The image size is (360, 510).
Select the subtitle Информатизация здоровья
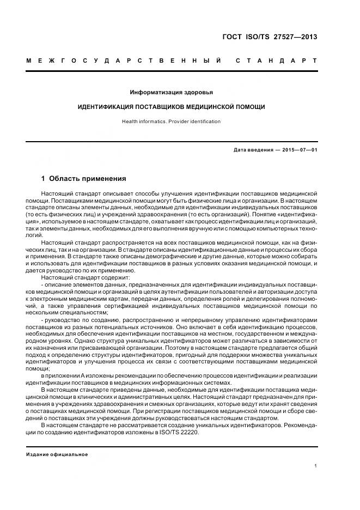pyautogui.click(x=172, y=92)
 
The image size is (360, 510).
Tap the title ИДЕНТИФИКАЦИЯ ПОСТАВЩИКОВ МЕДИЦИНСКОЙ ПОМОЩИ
pyautogui.click(x=172, y=107)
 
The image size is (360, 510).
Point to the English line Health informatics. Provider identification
pyautogui.click(x=172, y=122)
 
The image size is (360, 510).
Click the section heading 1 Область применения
pyautogui.click(x=84, y=178)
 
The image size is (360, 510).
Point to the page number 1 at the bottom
pyautogui.click(x=315, y=465)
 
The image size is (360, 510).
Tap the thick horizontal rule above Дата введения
pyautogui.click(x=172, y=142)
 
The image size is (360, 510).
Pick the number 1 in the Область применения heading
pyautogui.click(x=44, y=178)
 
